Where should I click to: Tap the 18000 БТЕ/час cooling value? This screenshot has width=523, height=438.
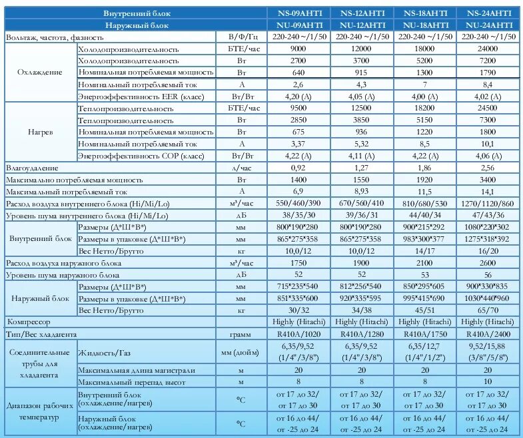tap(422, 49)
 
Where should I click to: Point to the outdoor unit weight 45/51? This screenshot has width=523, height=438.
tap(422, 310)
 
